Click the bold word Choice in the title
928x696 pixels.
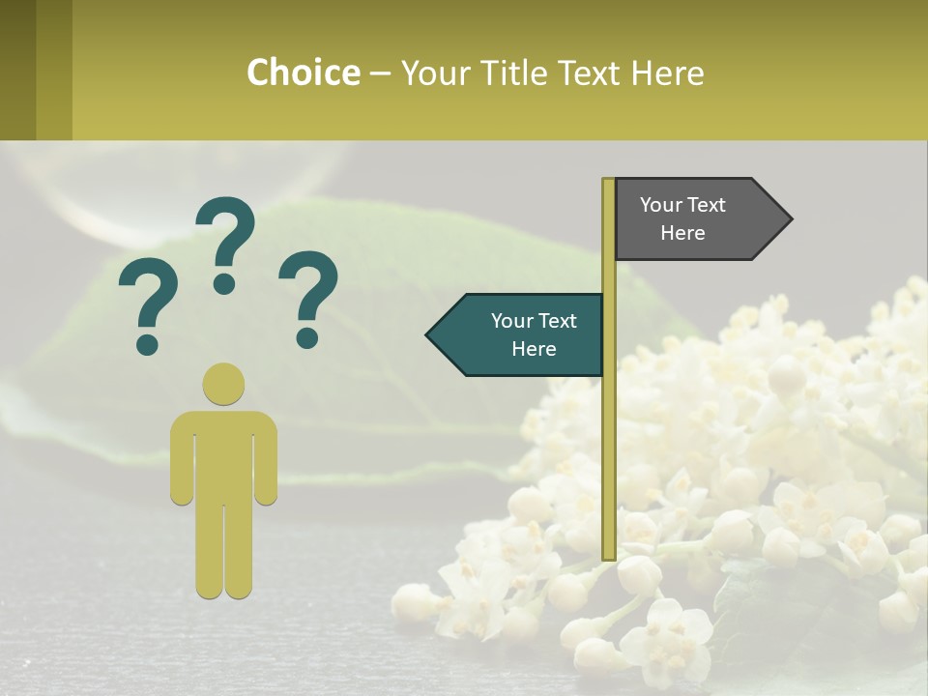[303, 72]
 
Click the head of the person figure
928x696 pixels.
[223, 384]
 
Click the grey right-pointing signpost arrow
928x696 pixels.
[696, 218]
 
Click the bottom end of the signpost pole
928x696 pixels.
[609, 556]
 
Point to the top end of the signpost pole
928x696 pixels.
[608, 181]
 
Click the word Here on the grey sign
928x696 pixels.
[682, 233]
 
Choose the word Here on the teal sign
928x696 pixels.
[534, 349]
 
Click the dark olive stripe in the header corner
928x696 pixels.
[17, 70]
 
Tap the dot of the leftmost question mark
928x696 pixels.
[147, 342]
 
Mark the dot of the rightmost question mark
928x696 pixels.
[307, 336]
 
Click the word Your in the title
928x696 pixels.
[432, 72]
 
